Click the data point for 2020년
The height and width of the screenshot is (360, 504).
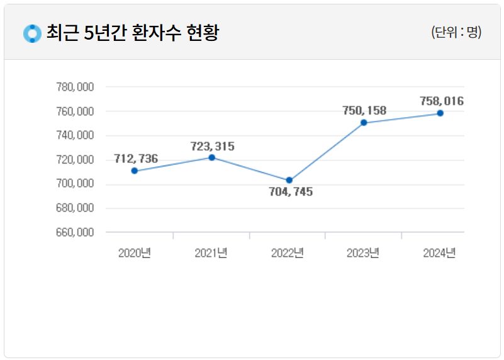(135, 171)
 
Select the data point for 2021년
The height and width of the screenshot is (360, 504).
(212, 157)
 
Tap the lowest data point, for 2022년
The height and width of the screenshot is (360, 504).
(289, 181)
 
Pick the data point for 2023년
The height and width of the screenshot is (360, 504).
(364, 123)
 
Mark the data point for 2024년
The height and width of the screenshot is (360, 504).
(440, 113)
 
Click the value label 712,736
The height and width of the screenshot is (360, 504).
(136, 159)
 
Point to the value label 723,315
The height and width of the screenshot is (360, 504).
(213, 146)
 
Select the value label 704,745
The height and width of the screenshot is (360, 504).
(291, 192)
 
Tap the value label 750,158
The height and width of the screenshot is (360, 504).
(364, 111)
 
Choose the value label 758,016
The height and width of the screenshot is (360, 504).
(442, 101)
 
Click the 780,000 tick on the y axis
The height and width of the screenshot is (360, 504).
(75, 87)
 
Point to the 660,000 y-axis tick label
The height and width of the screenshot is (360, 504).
(75, 232)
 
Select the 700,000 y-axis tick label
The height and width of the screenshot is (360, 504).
(75, 184)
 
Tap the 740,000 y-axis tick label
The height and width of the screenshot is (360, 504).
(75, 135)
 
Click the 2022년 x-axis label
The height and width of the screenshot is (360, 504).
(288, 253)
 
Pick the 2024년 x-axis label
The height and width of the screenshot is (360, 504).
(440, 253)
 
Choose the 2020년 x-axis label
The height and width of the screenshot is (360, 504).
(135, 253)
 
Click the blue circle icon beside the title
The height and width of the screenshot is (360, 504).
(31, 33)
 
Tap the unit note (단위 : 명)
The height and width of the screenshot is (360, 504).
(456, 33)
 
